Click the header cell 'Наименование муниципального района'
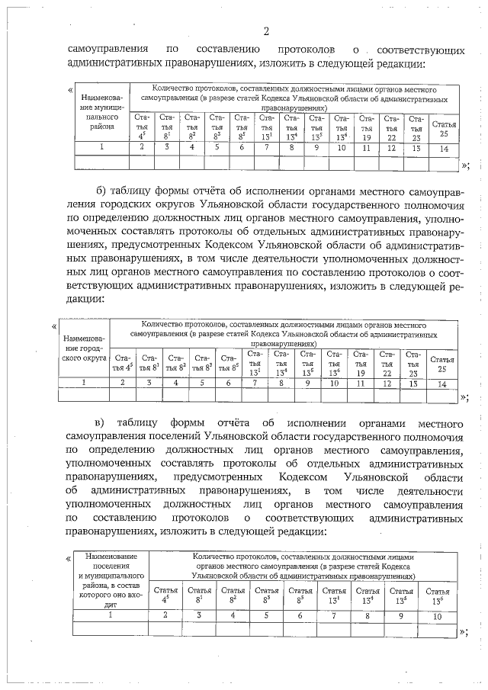pos(101,114)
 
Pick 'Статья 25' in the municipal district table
pos(444,128)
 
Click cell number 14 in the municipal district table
pos(444,148)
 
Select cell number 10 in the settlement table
pos(437,615)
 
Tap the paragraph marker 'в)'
pos(100,422)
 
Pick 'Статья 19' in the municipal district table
pos(367,128)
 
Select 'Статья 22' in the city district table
pos(387,364)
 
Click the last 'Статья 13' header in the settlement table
pos(437,595)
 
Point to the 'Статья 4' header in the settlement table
pos(165,595)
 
